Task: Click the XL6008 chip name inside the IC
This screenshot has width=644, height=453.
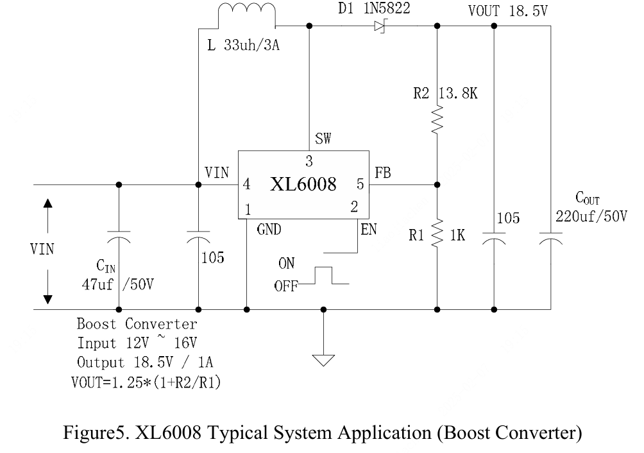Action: [303, 185]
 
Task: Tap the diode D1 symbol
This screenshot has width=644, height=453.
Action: [379, 26]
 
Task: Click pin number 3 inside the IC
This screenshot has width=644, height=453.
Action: [309, 160]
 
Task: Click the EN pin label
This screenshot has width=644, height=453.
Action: [368, 229]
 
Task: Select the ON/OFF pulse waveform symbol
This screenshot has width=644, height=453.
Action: [328, 276]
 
